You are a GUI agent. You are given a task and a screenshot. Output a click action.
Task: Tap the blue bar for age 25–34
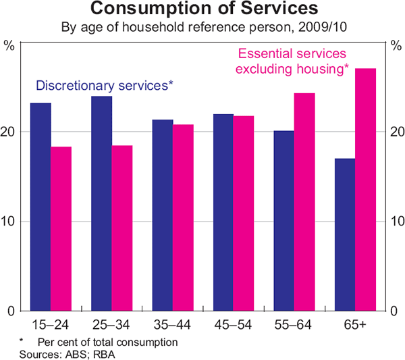(101, 203)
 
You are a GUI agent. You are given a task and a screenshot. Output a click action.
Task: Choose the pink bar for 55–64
(304, 202)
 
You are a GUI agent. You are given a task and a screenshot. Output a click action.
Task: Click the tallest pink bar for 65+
(365, 189)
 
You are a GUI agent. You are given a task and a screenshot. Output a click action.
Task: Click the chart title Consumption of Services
(202, 10)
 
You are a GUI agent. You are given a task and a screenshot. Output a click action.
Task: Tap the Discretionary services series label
(105, 86)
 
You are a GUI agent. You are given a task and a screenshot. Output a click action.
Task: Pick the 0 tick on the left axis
(14, 311)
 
